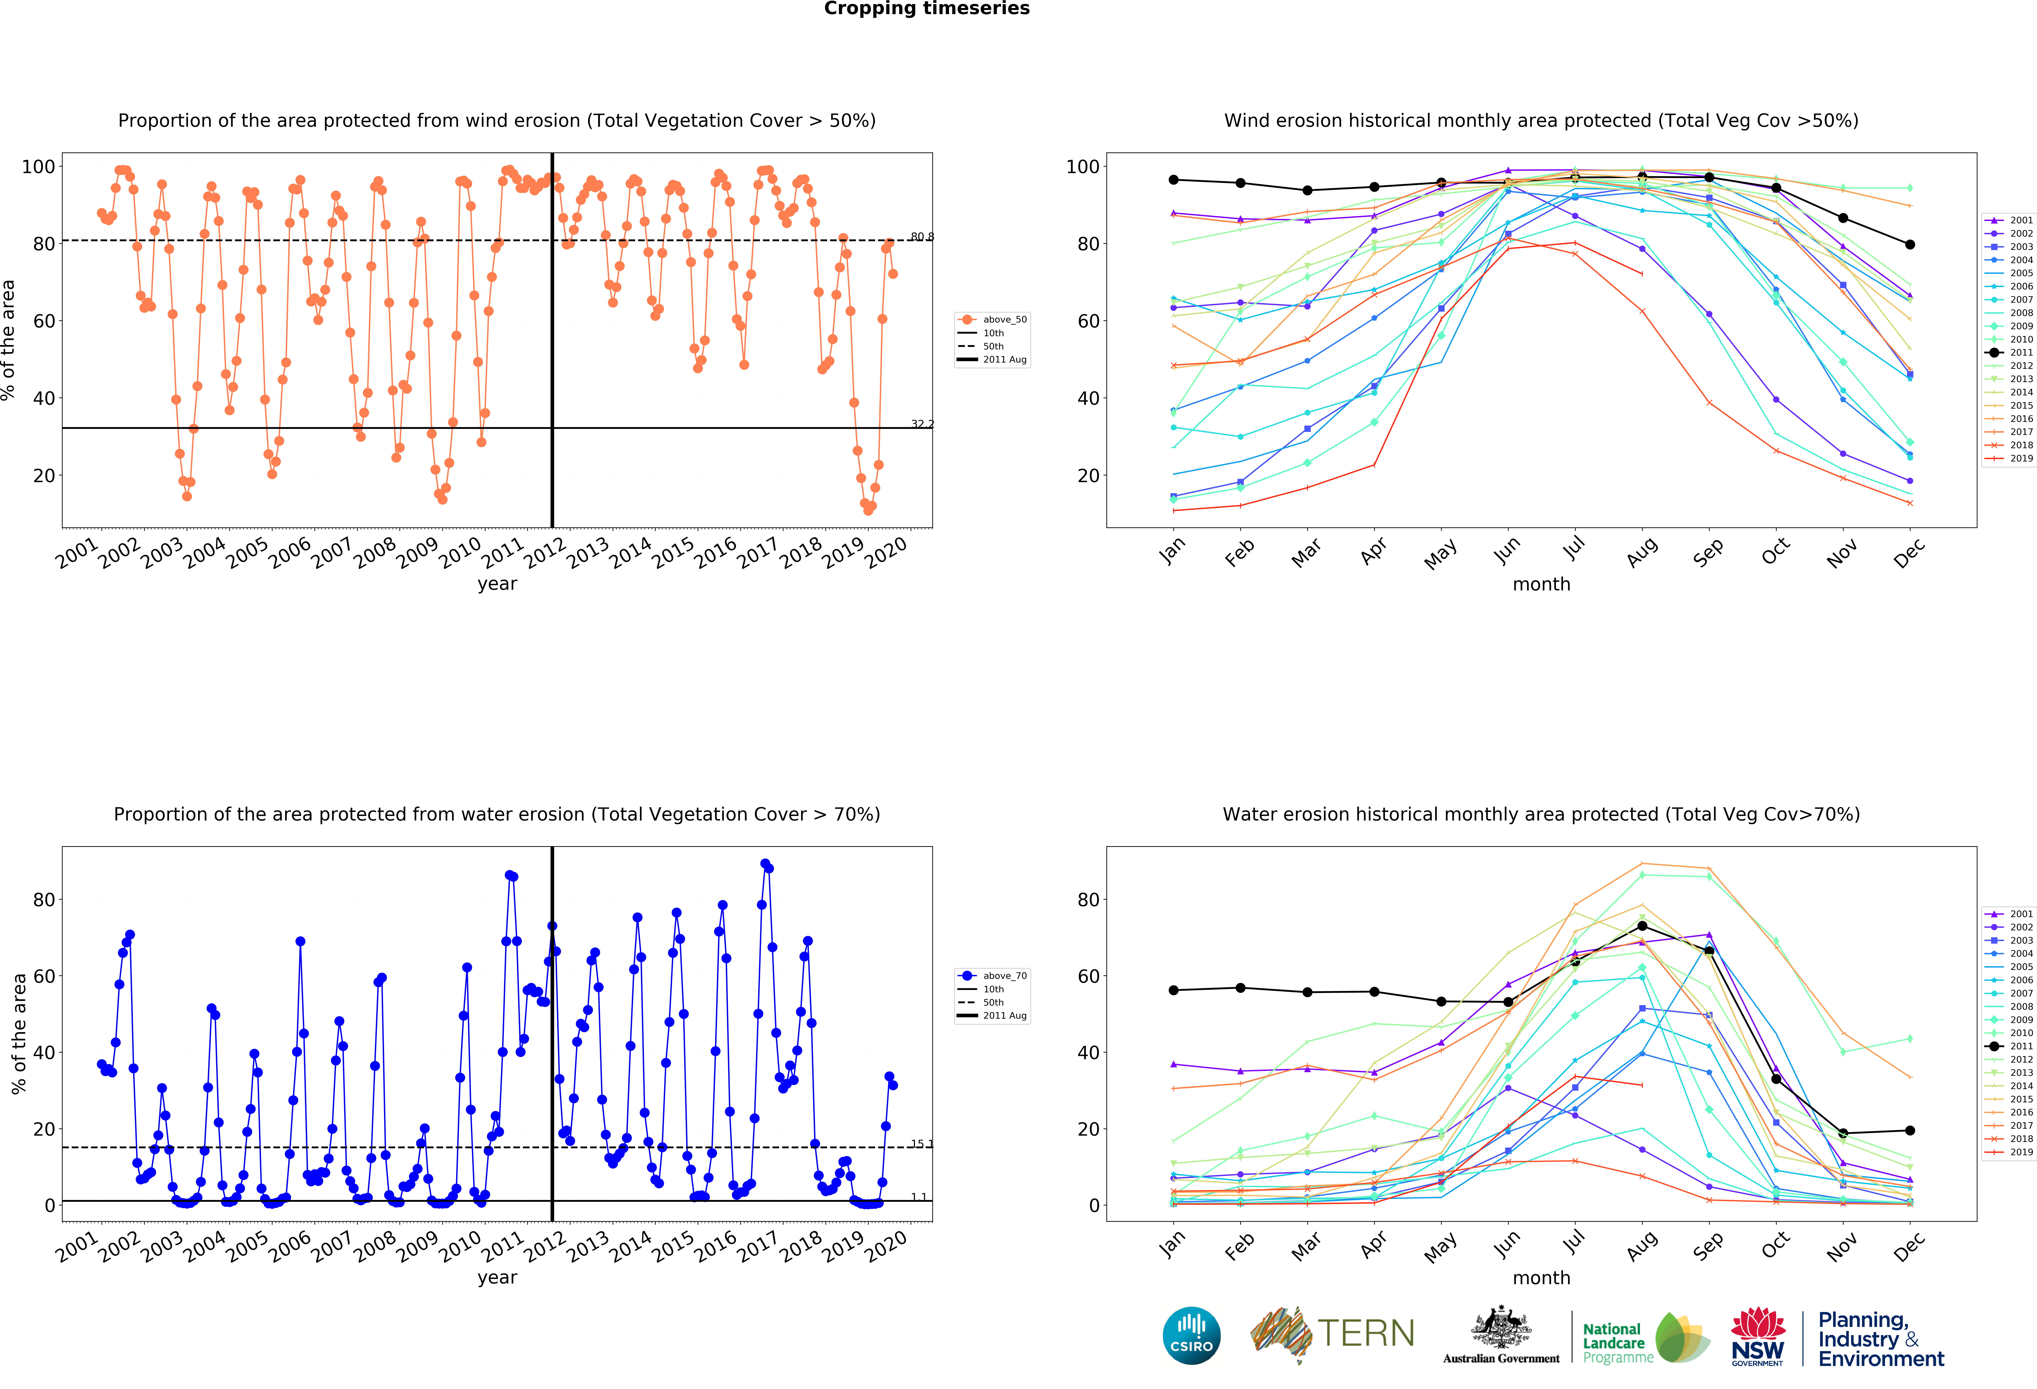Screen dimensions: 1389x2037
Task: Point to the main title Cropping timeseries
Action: pyautogui.click(x=926, y=9)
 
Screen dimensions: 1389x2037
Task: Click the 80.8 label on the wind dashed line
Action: pyautogui.click(x=922, y=237)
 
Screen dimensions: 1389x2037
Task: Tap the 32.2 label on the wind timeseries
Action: pyautogui.click(x=922, y=425)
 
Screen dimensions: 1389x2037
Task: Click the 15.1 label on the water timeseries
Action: pyautogui.click(x=922, y=1143)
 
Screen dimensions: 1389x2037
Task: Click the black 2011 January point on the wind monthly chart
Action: pyautogui.click(x=1174, y=180)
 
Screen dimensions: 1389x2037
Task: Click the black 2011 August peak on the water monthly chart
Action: pyautogui.click(x=1643, y=926)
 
